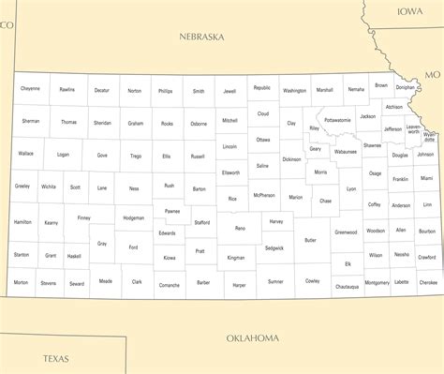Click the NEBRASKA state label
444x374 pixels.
(x=201, y=37)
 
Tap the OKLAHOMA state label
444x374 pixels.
(x=253, y=337)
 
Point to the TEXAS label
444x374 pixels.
(x=55, y=358)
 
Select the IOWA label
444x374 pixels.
(x=409, y=12)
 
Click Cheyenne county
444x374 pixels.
(x=30, y=89)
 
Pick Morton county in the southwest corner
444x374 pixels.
(x=21, y=282)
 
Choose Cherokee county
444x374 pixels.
(x=428, y=282)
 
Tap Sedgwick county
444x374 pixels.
(x=274, y=248)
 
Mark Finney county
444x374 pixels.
(x=83, y=217)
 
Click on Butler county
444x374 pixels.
(x=310, y=240)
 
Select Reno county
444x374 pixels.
(x=240, y=228)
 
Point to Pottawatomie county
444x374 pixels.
(x=337, y=120)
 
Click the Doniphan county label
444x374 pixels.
(x=405, y=87)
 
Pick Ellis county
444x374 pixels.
(x=167, y=156)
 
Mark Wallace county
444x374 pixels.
(x=25, y=153)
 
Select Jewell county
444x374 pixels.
(x=230, y=92)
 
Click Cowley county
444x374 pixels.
(x=312, y=280)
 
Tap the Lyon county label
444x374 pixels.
(x=351, y=188)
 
